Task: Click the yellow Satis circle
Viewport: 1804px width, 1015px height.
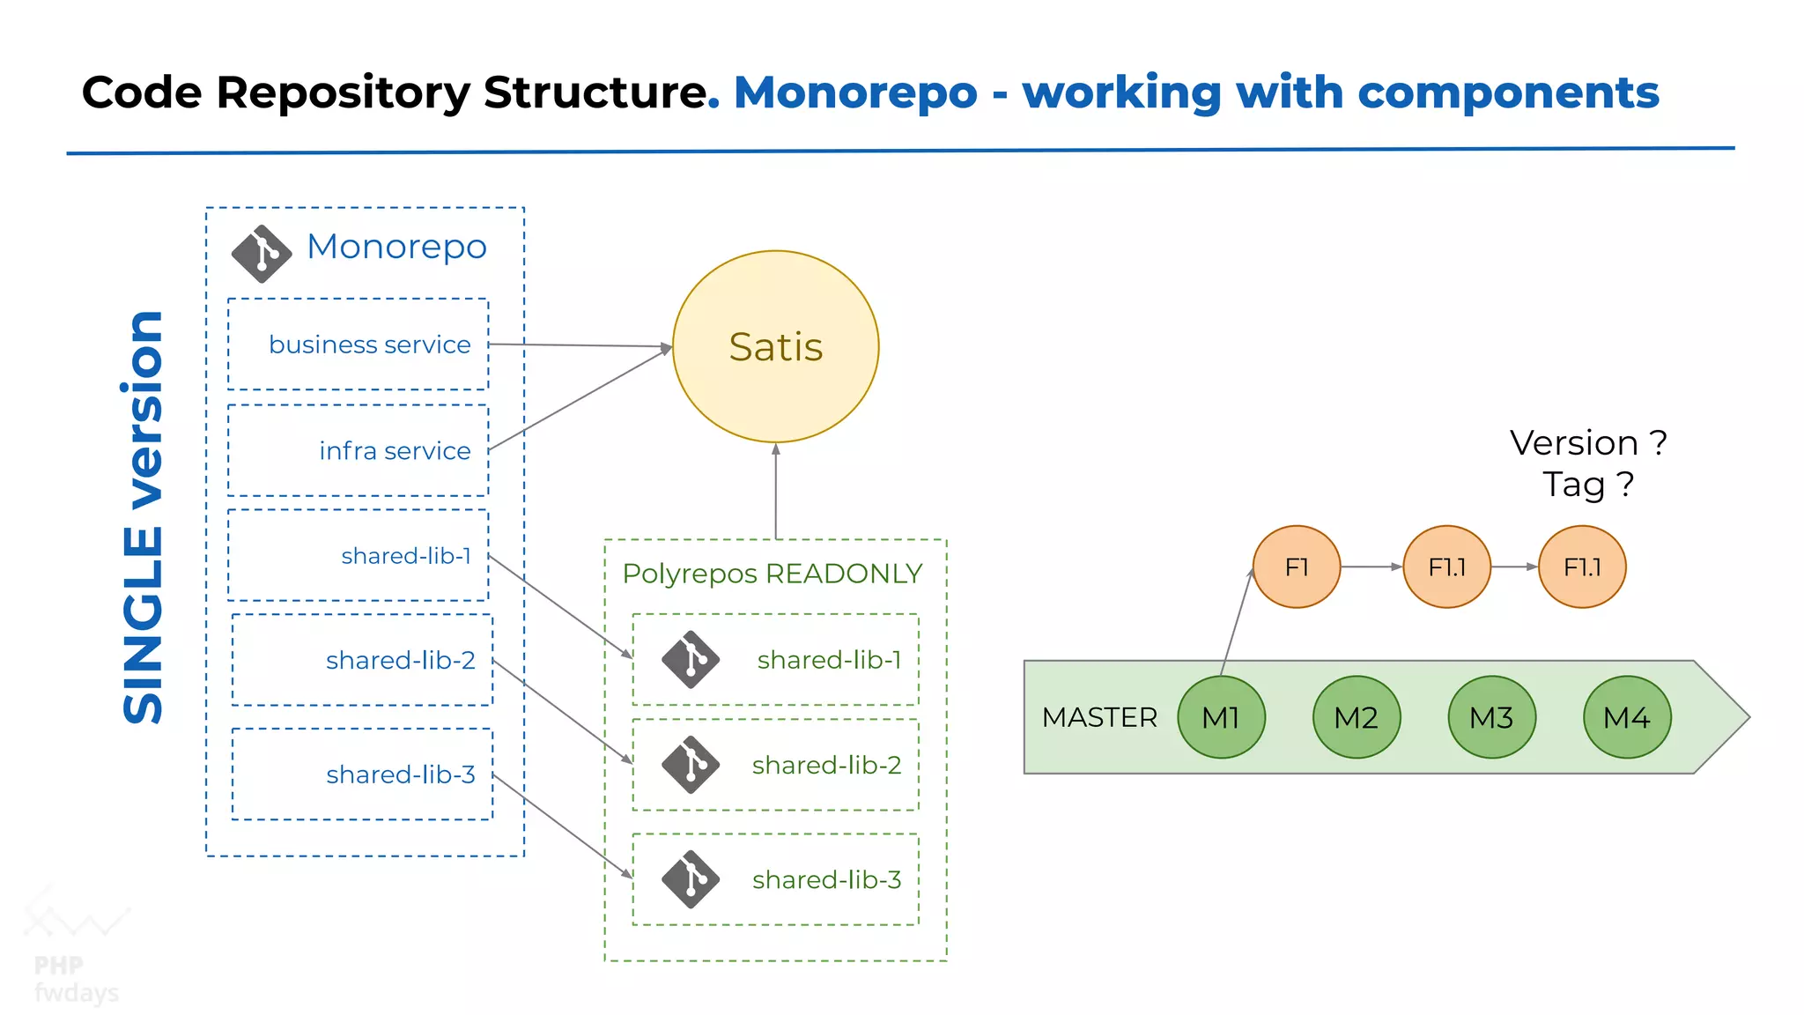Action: click(x=775, y=346)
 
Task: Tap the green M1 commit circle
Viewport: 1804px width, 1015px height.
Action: click(x=1221, y=717)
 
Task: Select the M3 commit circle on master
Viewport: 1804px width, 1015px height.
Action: click(x=1491, y=717)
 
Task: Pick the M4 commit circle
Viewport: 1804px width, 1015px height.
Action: click(x=1626, y=717)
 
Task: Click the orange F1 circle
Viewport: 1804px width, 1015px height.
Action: click(x=1296, y=567)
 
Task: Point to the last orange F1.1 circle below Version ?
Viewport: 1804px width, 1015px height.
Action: click(x=1582, y=567)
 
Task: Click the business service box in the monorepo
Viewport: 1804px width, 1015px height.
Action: click(x=358, y=345)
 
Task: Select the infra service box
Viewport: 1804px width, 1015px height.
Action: click(x=358, y=450)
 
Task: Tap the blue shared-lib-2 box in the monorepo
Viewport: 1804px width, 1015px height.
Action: click(x=362, y=660)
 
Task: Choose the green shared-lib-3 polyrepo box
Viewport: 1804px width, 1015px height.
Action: click(x=775, y=879)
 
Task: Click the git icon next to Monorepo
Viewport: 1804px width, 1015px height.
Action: click(x=262, y=254)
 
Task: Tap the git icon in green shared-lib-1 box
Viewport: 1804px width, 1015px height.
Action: click(x=691, y=659)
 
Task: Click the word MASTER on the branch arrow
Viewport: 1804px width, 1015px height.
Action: click(x=1099, y=717)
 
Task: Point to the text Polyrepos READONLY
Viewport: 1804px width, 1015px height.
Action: click(x=772, y=574)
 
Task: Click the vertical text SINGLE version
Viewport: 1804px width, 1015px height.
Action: click(x=144, y=518)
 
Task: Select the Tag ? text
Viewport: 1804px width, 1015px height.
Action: click(x=1587, y=485)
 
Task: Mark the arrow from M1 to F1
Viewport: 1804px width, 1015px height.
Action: click(x=1237, y=622)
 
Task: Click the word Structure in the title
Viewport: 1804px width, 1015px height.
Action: click(x=595, y=93)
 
